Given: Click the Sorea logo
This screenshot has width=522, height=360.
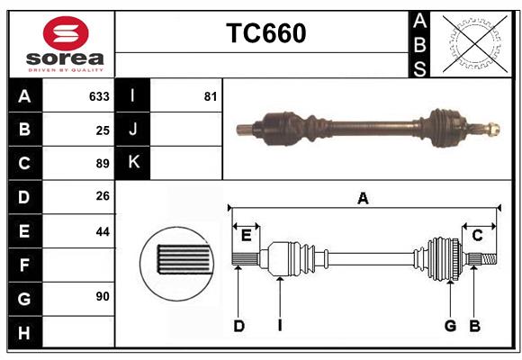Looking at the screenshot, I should (66, 45).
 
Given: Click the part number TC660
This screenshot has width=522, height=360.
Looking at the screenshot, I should (265, 33).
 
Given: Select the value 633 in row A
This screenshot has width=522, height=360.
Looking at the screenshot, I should (99, 96).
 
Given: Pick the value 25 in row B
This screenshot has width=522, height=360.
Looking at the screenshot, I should (103, 130).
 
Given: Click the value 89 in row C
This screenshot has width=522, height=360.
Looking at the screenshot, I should (103, 164).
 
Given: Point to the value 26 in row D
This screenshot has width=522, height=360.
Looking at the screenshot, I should (103, 197).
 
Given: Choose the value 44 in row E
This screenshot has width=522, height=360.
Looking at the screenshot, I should (103, 231).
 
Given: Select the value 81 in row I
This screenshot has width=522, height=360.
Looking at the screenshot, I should (211, 96).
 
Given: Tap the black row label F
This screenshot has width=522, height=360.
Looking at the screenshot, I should (24, 265).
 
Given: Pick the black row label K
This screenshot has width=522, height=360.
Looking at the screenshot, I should (133, 163).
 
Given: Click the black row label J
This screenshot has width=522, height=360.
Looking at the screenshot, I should (133, 130).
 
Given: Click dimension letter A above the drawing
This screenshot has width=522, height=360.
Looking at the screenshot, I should (363, 199).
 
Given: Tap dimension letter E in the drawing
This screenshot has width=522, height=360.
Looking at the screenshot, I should (246, 236).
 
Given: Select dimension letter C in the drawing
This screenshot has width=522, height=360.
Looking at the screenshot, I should (477, 236).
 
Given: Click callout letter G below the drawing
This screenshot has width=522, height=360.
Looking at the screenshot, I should (450, 326).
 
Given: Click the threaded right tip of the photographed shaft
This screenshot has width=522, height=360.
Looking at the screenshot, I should (492, 128).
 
